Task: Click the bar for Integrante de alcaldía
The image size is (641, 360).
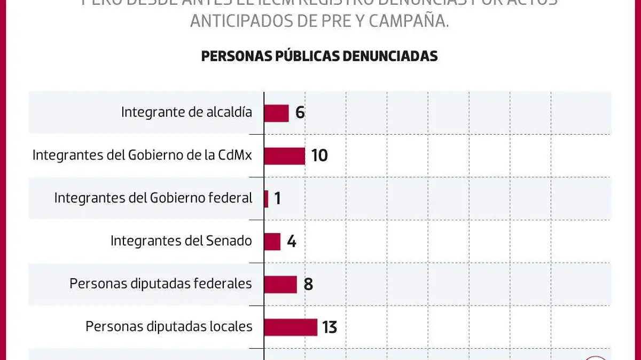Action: click(277, 113)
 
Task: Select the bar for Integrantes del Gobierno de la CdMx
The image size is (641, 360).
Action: click(285, 155)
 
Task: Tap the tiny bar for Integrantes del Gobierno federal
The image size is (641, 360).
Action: click(266, 198)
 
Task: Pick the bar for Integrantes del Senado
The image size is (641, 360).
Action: click(272, 241)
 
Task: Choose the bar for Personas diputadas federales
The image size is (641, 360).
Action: click(280, 284)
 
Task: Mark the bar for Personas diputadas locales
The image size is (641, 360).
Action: click(291, 326)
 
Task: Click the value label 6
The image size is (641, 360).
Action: click(300, 113)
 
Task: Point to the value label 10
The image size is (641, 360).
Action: click(319, 155)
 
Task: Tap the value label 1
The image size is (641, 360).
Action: click(277, 198)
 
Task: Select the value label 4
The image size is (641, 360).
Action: click(291, 241)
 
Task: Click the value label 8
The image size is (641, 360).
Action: click(308, 284)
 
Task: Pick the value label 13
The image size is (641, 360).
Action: click(330, 326)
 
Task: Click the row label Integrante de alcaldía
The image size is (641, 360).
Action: click(186, 112)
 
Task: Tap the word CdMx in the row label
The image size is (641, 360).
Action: click(235, 155)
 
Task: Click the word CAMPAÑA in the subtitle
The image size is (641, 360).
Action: click(412, 21)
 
